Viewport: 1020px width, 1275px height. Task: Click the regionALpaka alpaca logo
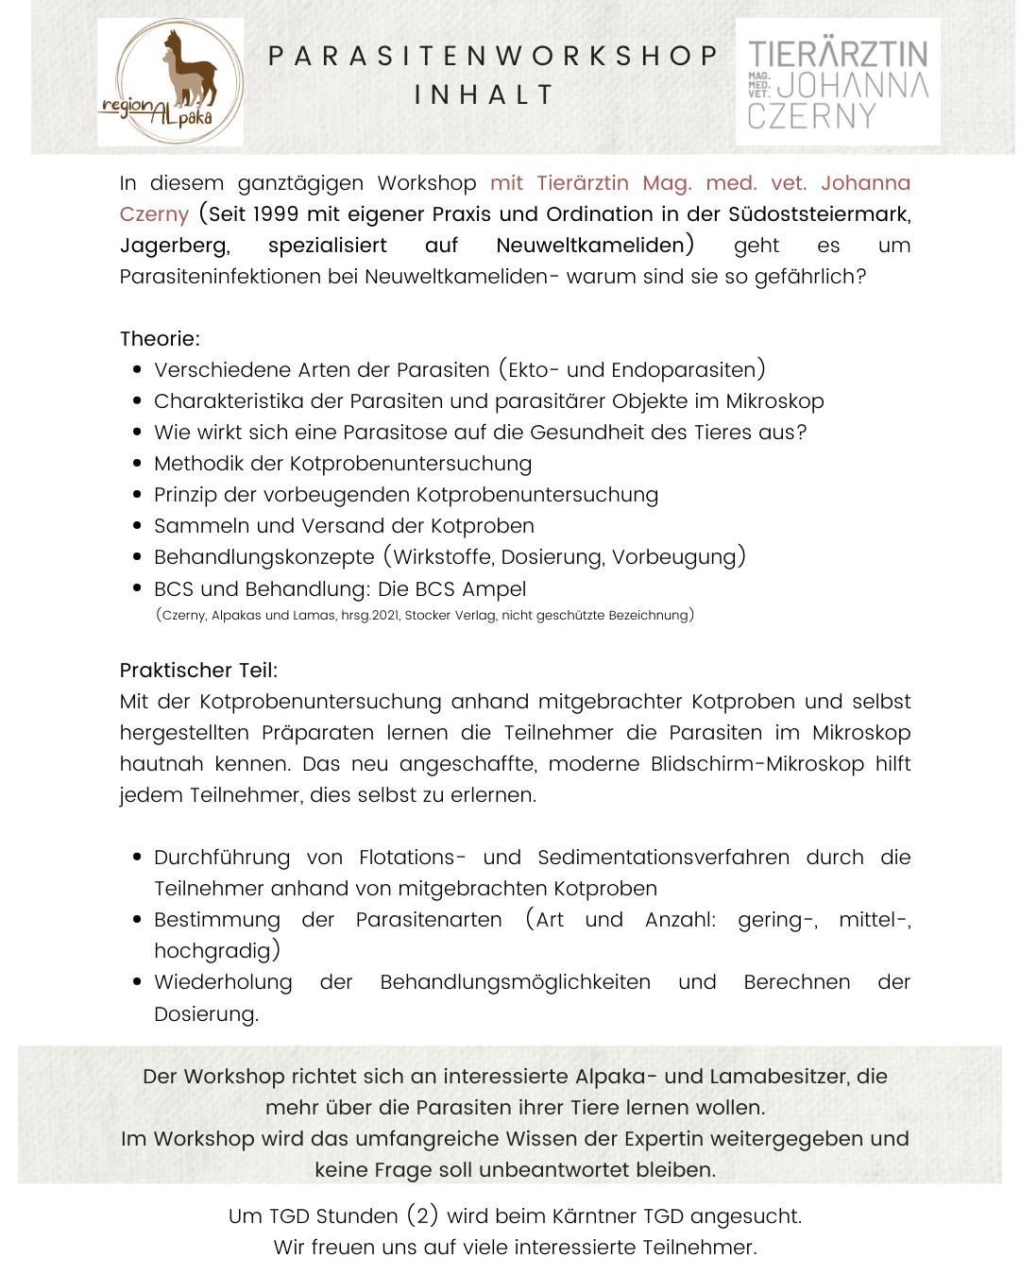click(x=170, y=82)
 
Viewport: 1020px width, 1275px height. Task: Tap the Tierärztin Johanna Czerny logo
click(x=838, y=83)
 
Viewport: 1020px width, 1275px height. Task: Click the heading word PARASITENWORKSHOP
click(x=493, y=56)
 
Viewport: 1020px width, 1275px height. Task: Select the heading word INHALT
click(x=484, y=95)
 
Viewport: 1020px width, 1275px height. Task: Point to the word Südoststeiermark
click(x=819, y=214)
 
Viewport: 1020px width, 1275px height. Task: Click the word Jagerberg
click(x=174, y=246)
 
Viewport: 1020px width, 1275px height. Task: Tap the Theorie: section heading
click(x=160, y=339)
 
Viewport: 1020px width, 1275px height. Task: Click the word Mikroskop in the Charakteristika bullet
click(x=774, y=401)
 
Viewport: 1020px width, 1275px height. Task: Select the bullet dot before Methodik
click(x=138, y=464)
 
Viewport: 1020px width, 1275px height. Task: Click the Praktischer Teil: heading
click(x=198, y=671)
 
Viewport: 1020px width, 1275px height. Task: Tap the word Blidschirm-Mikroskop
click(x=757, y=764)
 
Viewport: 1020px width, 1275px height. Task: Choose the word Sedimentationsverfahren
click(x=663, y=858)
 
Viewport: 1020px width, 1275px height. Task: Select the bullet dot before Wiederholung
click(x=138, y=982)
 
